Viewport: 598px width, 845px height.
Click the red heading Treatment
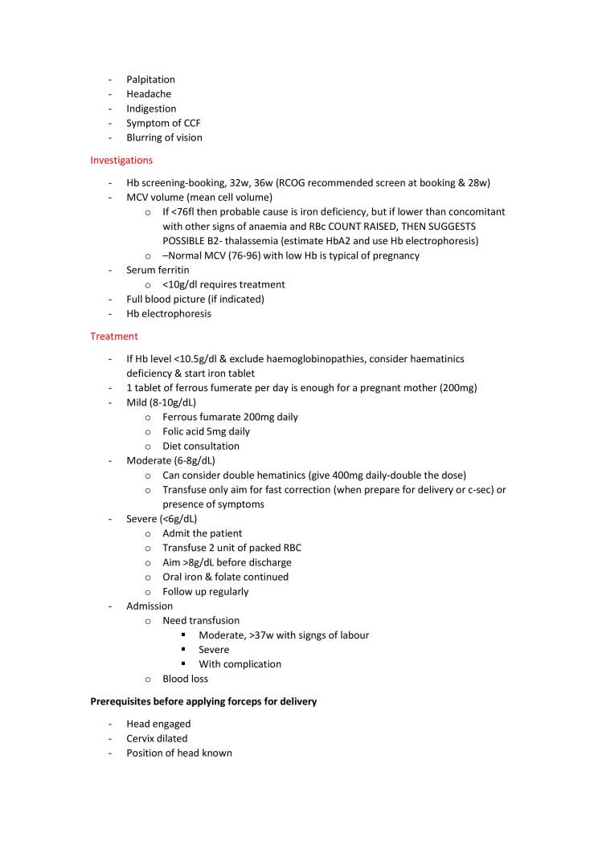point(113,336)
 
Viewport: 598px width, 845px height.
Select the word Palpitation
point(150,80)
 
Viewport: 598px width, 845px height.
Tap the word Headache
point(149,94)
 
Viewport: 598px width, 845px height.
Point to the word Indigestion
point(151,108)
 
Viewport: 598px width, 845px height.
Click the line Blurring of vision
point(164,137)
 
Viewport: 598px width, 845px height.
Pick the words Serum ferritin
point(158,270)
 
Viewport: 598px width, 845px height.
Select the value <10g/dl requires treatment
point(223,284)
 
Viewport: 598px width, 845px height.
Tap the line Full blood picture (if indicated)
point(195,299)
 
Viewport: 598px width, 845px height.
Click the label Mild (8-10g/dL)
point(161,402)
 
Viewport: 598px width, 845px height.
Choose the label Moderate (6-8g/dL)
point(170,460)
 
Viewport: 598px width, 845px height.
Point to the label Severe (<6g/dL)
point(162,519)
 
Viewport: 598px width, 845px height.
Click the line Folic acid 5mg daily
point(206,431)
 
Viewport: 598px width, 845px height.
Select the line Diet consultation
point(200,446)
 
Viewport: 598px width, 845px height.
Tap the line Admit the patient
point(202,533)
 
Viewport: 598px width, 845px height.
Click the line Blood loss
point(185,679)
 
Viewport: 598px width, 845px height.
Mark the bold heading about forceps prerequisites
point(203,701)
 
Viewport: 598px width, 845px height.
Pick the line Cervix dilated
point(157,738)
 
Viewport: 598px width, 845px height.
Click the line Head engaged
point(158,724)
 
